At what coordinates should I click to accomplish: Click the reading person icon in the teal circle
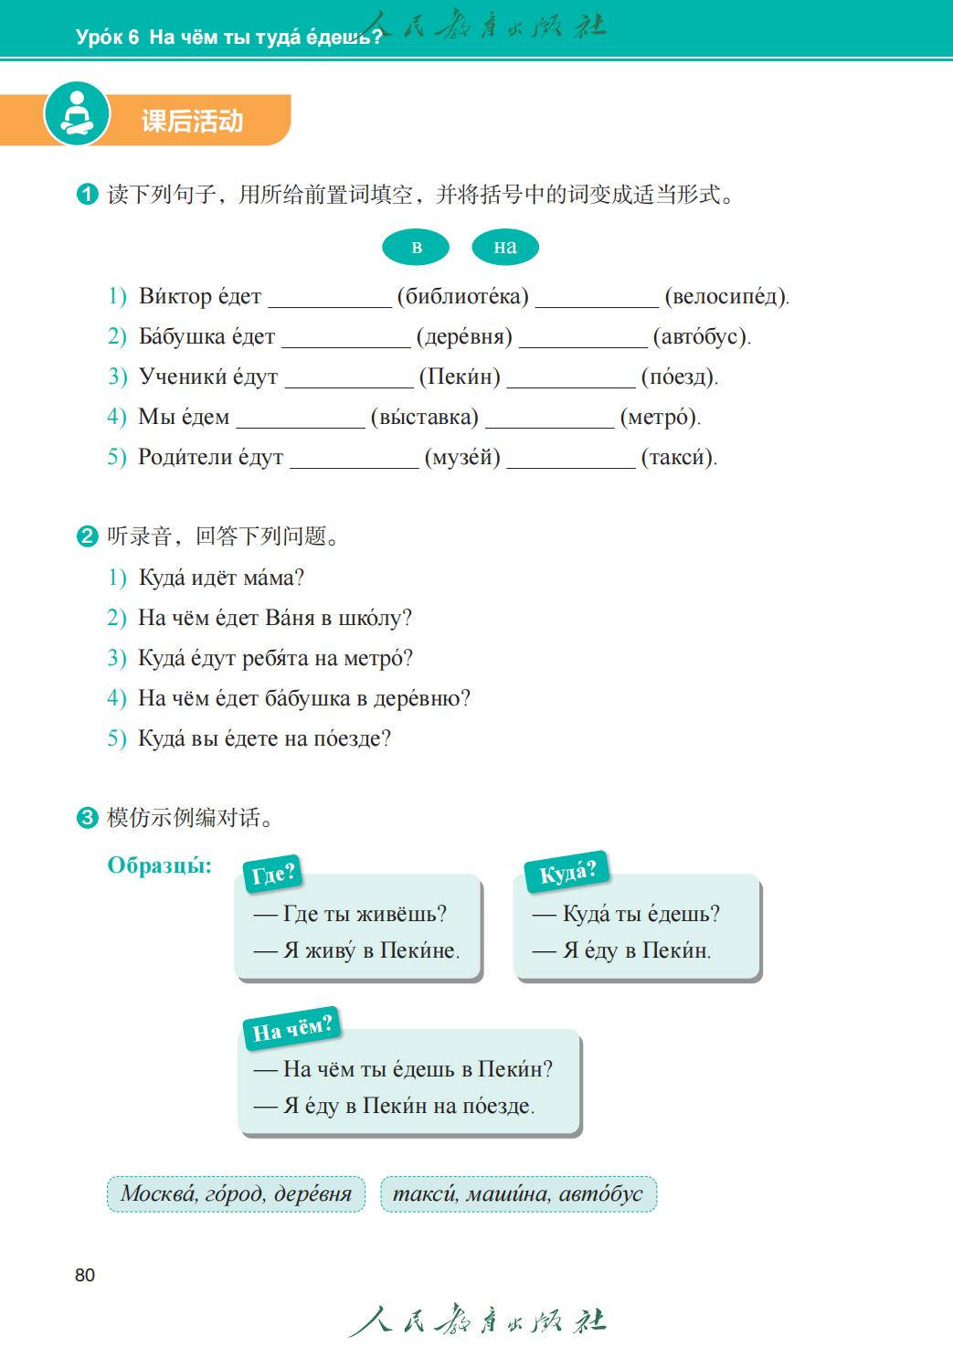(77, 114)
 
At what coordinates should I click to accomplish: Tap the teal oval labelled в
(416, 247)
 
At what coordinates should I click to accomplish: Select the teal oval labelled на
(504, 247)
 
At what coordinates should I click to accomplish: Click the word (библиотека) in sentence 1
(462, 297)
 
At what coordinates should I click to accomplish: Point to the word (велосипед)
(726, 297)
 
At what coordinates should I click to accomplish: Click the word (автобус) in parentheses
(701, 337)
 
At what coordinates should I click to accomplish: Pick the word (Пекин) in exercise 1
(460, 377)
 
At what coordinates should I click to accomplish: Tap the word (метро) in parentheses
(660, 418)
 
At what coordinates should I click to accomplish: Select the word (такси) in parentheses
(679, 458)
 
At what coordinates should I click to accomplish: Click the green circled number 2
(88, 536)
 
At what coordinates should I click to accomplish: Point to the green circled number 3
(88, 818)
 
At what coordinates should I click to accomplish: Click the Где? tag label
(273, 875)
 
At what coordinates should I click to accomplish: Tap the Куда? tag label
(567, 873)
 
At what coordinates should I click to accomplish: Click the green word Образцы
(159, 865)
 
